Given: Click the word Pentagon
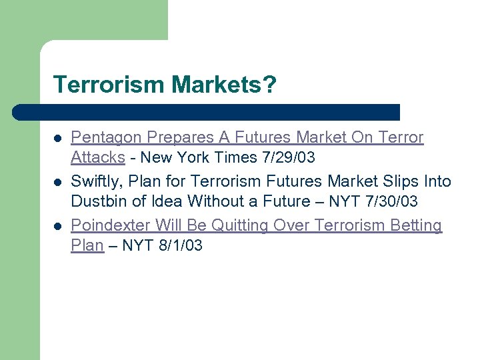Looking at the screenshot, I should tap(107, 138).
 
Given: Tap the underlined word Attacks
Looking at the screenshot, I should tap(98, 158).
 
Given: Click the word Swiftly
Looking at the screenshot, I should tap(95, 181).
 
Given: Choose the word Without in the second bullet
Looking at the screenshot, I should tap(215, 201).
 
